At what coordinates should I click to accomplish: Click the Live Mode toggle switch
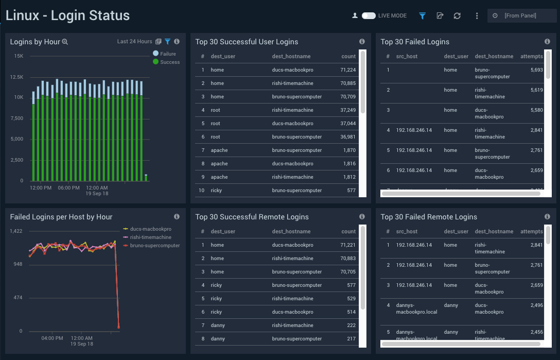point(369,16)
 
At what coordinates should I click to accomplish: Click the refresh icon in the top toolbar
point(457,16)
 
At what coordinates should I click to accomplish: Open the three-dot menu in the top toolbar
point(477,16)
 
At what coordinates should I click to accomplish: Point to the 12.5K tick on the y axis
point(17,77)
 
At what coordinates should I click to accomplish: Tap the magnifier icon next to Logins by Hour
point(65,42)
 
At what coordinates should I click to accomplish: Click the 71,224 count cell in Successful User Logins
point(348,70)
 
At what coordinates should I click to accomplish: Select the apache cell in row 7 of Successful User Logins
point(219,150)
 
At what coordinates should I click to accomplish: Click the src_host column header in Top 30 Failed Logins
point(407,56)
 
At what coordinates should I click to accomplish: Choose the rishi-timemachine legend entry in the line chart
point(151,237)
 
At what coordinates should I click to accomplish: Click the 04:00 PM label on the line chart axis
point(52,338)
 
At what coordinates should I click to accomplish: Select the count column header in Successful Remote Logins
point(348,231)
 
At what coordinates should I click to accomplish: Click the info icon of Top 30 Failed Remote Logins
point(547,217)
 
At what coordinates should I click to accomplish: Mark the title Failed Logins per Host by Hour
point(61,217)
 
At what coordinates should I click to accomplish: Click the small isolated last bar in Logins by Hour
point(146,178)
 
